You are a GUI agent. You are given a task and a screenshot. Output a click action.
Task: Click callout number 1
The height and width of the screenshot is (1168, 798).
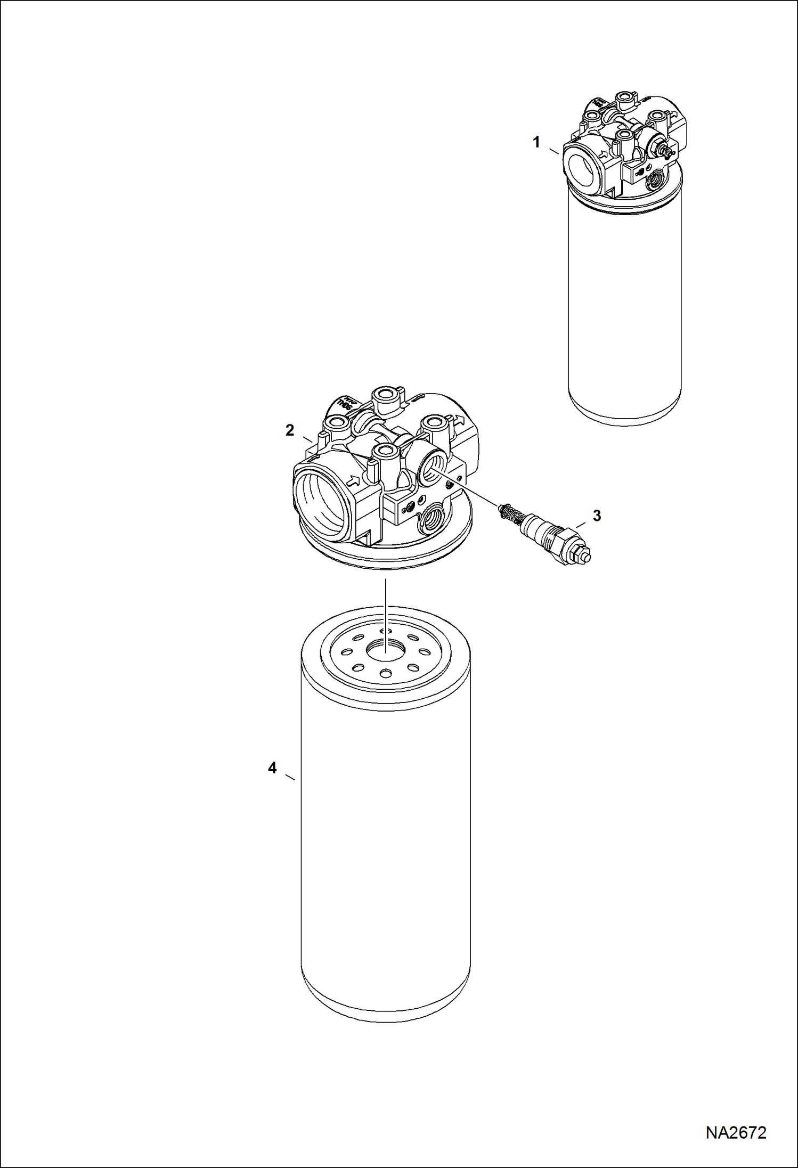[536, 142]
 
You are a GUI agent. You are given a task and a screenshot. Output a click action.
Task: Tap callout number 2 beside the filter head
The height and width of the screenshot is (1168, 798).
[290, 430]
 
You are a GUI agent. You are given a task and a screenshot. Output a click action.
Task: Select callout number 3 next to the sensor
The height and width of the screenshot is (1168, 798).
[597, 516]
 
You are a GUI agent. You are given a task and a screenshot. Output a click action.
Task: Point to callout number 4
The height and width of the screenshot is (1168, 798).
[272, 768]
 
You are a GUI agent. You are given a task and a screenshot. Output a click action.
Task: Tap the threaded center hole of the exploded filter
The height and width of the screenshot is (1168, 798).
[385, 650]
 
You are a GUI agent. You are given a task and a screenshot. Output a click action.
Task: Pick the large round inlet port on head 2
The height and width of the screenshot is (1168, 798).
[321, 500]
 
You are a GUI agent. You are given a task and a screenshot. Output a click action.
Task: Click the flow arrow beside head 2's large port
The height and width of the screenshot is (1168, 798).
[352, 480]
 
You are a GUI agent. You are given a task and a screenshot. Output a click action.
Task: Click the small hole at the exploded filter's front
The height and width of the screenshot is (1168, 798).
[385, 674]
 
